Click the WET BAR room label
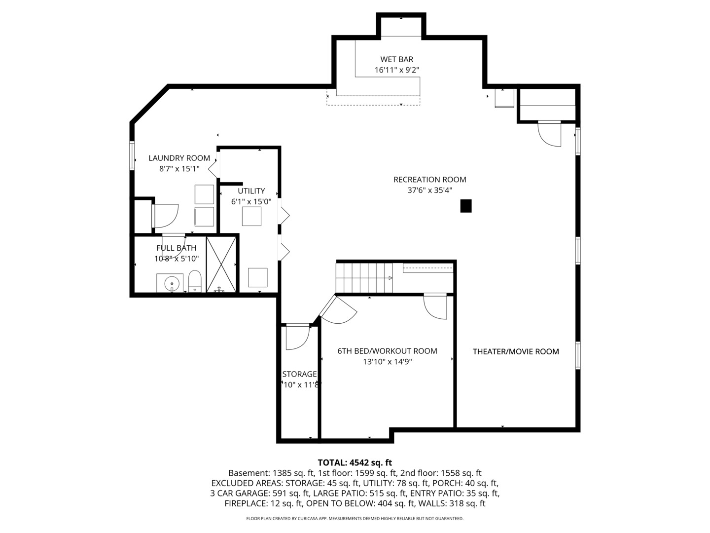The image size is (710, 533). coord(396,60)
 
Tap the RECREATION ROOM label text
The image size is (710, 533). coord(430,180)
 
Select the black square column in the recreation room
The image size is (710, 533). coord(466,206)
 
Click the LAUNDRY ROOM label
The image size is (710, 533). coord(179,158)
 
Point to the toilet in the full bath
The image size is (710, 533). coord(195,281)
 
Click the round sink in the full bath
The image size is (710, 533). coord(172,284)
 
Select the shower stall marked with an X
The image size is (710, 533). coord(221,265)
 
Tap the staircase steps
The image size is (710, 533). coord(364,278)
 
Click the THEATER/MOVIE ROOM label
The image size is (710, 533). coord(516,352)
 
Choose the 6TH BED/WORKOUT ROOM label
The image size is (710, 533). coord(387,351)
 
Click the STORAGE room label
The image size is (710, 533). coord(299,374)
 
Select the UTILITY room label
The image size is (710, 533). coord(251,191)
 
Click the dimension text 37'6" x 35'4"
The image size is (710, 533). coord(430,190)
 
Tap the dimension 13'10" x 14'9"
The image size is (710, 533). coord(387,362)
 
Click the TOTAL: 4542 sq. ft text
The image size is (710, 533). coord(355,462)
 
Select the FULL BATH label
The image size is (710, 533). coord(177,248)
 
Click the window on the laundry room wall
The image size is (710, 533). coord(132,155)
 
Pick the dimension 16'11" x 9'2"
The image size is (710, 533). coord(397,70)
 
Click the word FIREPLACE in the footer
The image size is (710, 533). coord(246,503)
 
